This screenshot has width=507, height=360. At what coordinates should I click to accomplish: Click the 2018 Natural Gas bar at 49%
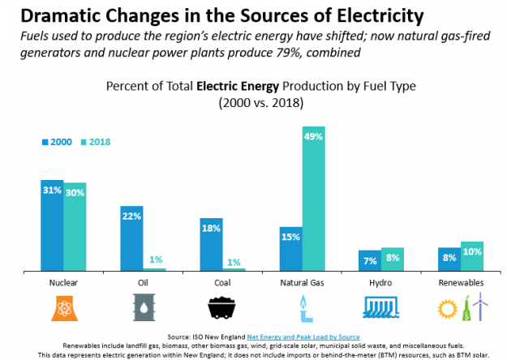[x=313, y=199]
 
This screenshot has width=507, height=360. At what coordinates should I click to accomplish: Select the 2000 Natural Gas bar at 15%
[x=291, y=248]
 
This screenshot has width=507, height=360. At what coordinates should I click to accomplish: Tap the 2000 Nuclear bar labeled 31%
[x=52, y=225]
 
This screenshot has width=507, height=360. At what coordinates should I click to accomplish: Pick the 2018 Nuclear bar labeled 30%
[x=75, y=226]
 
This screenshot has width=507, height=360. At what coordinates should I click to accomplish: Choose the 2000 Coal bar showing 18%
[x=211, y=243]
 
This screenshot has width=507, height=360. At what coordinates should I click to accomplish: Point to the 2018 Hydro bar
[x=393, y=259]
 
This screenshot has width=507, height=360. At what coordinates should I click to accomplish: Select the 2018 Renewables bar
[x=472, y=255]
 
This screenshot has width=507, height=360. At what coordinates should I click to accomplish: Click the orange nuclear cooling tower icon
[x=64, y=309]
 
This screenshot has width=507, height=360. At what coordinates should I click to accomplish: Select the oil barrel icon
[x=144, y=309]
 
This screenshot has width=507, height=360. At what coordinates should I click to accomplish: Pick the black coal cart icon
[x=222, y=309]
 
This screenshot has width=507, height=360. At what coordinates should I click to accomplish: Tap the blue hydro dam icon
[x=381, y=308]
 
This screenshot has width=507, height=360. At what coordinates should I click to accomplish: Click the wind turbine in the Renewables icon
[x=479, y=307]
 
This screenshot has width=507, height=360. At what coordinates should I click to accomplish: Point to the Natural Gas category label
[x=302, y=283]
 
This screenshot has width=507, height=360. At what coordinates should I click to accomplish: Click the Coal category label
[x=222, y=283]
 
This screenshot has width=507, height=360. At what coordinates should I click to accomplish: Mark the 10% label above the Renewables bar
[x=472, y=251]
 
